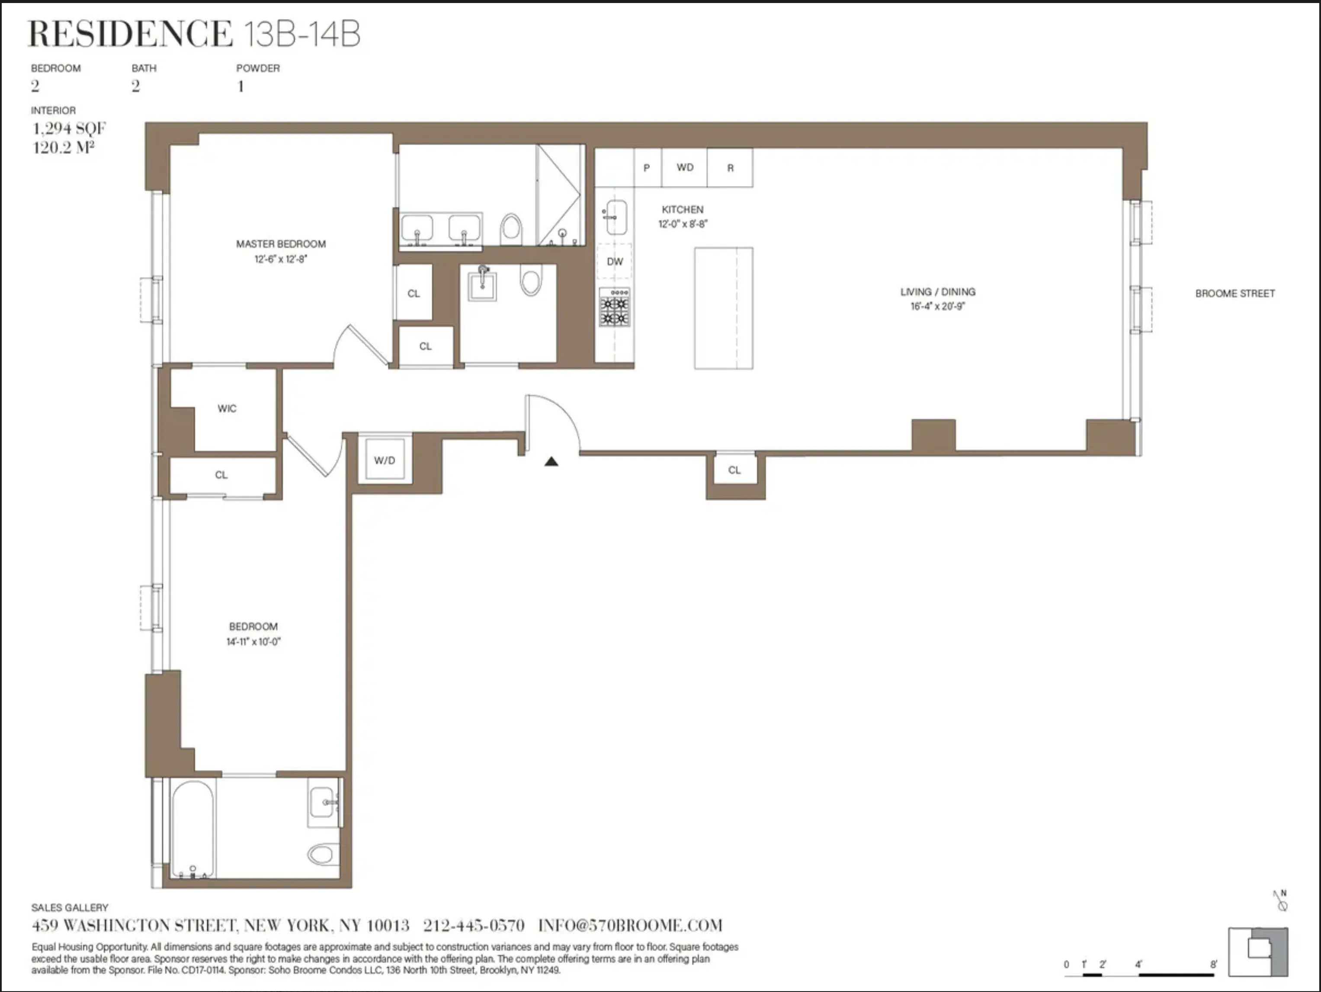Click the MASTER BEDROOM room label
click(x=281, y=243)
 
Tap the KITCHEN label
click(x=682, y=209)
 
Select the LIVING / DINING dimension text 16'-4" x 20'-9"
click(x=938, y=306)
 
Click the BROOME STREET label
click(x=1234, y=294)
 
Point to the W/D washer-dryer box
click(x=385, y=460)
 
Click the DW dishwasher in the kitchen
click(x=615, y=262)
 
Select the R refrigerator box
click(x=730, y=168)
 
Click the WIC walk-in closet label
click(x=227, y=408)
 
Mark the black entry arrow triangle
click(x=551, y=461)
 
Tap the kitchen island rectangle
click(x=723, y=308)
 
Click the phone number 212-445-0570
click(x=474, y=926)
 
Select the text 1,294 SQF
click(x=69, y=128)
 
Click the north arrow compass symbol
click(x=1281, y=901)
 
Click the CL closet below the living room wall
click(x=734, y=470)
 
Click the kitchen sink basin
click(x=615, y=216)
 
